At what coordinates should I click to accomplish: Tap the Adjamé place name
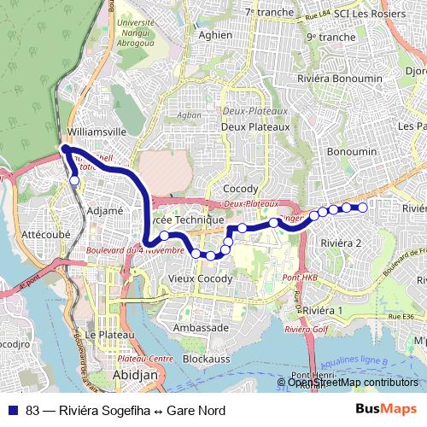(106, 210)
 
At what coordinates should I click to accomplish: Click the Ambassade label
(200, 327)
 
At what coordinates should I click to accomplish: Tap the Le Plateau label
(111, 334)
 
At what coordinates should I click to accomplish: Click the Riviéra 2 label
(341, 243)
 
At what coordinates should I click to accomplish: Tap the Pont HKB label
(300, 278)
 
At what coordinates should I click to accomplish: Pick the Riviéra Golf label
(307, 329)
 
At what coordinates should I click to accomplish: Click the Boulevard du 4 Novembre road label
(135, 250)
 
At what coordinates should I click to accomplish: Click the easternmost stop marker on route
(362, 208)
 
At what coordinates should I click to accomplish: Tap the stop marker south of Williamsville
(74, 180)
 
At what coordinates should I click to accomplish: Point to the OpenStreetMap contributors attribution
(354, 383)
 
